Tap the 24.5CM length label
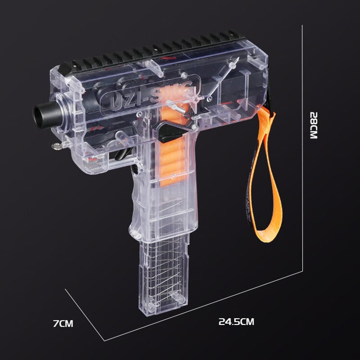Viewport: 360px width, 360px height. pos(236,322)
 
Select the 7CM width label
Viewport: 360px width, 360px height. pos(63,323)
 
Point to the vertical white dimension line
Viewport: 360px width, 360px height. pos(302,148)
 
